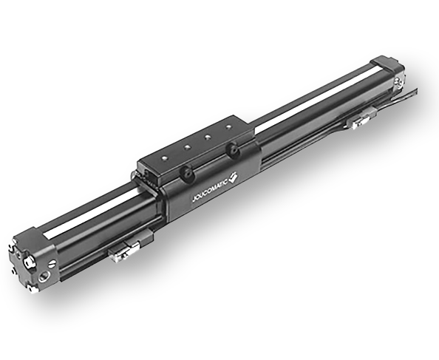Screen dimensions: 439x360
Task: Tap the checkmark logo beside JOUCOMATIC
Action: click(234, 177)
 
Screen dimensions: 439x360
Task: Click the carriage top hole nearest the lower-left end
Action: click(165, 158)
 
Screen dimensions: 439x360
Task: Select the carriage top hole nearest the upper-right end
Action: click(229, 127)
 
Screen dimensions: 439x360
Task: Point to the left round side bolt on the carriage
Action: click(187, 172)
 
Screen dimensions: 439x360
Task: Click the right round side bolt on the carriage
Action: click(232, 150)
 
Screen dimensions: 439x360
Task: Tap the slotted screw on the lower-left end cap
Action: click(53, 263)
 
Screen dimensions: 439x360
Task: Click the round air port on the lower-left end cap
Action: click(44, 276)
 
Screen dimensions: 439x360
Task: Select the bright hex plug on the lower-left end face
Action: click(28, 262)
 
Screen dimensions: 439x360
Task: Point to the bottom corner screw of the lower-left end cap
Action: click(33, 288)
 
